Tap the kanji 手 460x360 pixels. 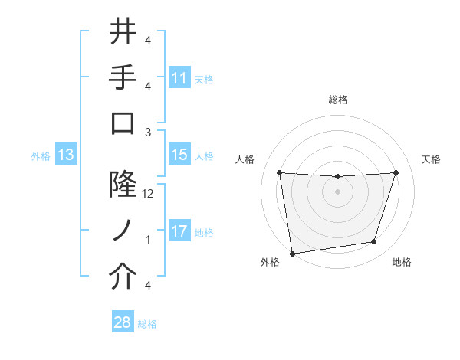tap(123, 77)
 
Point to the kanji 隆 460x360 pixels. tap(123, 185)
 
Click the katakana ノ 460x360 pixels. tap(123, 231)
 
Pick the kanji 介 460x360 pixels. tap(123, 277)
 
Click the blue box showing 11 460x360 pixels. tap(179, 78)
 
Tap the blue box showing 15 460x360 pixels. tap(179, 155)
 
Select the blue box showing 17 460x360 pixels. tap(179, 231)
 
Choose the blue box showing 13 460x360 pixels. tap(65, 155)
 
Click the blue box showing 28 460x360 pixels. tap(122, 322)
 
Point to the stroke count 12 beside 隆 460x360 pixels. tap(148, 194)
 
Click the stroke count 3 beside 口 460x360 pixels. tap(148, 132)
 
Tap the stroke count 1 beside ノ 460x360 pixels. tap(148, 240)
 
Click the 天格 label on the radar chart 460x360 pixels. tap(431, 159)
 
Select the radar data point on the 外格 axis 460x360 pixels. tap(291, 253)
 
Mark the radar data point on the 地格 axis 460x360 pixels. tap(374, 242)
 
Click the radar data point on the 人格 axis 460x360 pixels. tap(280, 173)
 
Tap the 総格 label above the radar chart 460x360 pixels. tap(338, 100)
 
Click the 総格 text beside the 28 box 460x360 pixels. tap(147, 324)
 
